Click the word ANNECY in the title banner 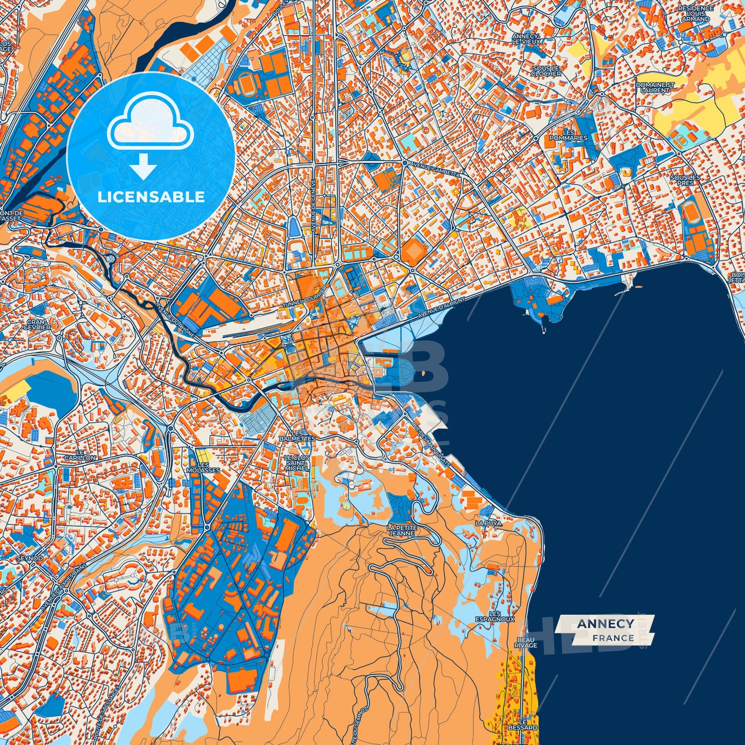(605, 624)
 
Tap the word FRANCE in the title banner (612, 638)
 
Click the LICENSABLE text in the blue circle (152, 197)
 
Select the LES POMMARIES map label (568, 136)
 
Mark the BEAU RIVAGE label (525, 642)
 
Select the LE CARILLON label (80, 454)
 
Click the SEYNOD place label (30, 558)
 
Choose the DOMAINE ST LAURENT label (655, 87)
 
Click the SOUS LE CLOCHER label (546, 71)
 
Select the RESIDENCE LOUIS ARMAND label (696, 14)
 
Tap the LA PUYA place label (488, 523)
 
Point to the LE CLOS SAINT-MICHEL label (297, 463)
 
